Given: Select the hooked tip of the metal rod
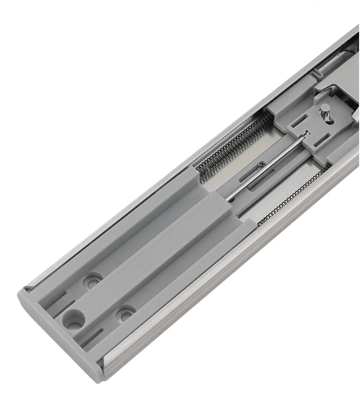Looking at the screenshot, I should click(306, 133).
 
